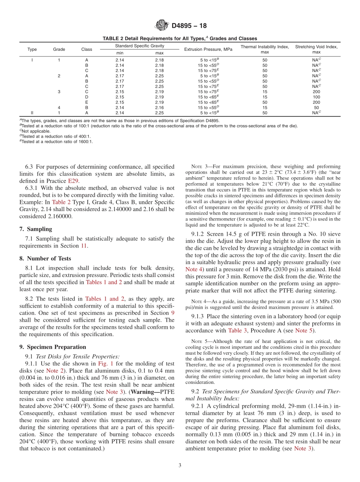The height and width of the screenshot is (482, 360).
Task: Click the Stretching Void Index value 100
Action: (x=316, y=97)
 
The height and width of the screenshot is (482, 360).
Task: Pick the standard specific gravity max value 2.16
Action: (x=159, y=108)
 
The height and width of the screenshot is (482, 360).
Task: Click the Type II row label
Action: (x=32, y=113)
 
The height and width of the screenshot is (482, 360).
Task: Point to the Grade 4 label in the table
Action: (x=59, y=108)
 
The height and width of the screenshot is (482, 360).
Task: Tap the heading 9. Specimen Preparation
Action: (x=52, y=347)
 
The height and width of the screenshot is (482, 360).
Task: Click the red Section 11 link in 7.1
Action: (x=84, y=246)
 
